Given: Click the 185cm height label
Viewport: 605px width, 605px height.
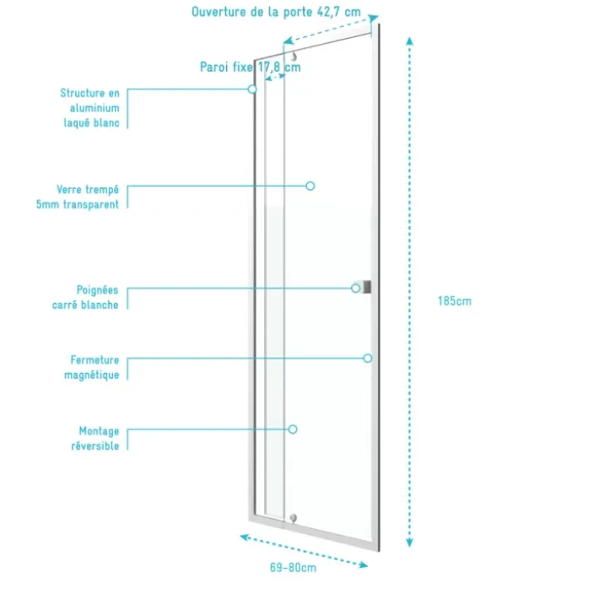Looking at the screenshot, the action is [x=455, y=301].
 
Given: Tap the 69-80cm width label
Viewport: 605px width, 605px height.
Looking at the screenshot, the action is [x=294, y=568].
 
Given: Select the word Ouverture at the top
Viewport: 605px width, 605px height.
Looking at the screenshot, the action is [x=219, y=12].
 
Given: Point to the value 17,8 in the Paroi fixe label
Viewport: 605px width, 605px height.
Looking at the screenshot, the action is [x=269, y=68].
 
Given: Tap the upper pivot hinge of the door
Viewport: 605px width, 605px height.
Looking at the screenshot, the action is [x=294, y=57].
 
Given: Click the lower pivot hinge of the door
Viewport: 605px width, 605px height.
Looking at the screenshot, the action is [x=294, y=518].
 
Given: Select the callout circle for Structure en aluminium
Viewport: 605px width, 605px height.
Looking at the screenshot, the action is [x=252, y=89].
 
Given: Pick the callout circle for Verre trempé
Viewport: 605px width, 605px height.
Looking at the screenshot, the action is [x=311, y=186].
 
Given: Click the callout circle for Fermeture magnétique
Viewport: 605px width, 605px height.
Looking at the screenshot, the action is [x=368, y=358].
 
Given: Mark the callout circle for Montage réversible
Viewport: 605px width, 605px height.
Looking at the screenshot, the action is [x=293, y=429].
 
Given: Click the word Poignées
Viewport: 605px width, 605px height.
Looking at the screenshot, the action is [x=98, y=290].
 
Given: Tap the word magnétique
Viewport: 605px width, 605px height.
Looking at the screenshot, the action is [x=92, y=375].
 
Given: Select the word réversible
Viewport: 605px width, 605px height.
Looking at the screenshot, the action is [x=95, y=446].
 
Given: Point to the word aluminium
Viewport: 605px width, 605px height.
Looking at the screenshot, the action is [x=95, y=108].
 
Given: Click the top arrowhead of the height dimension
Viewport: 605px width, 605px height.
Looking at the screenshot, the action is [x=410, y=41].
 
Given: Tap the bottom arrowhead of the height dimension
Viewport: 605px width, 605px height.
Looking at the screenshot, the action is [x=410, y=543].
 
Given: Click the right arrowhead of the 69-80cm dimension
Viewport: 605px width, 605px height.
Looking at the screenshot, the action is [x=364, y=565].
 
